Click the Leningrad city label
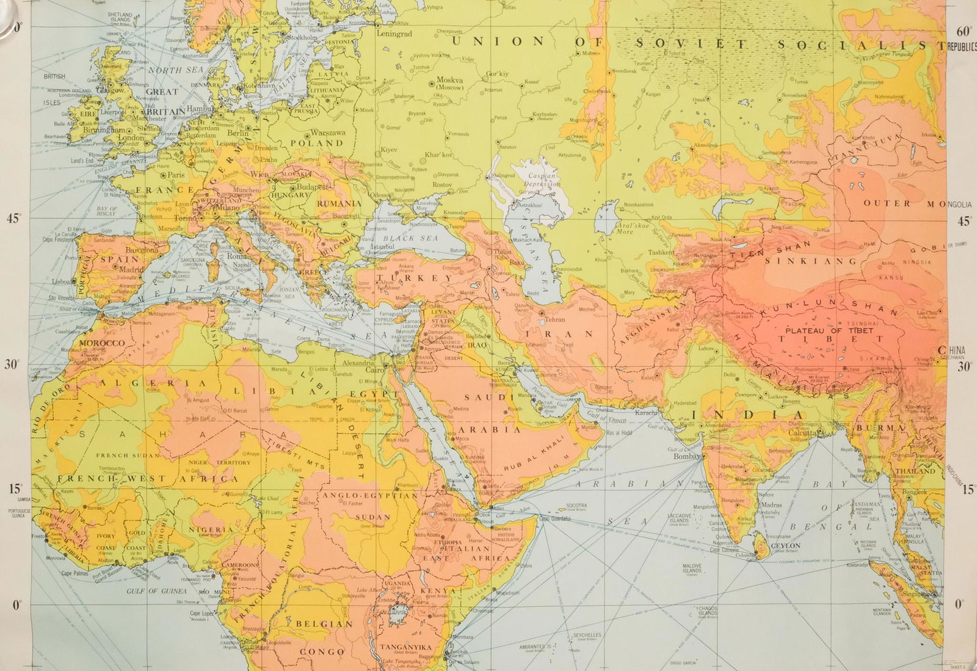coord(394,34)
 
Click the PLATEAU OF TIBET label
coord(829,330)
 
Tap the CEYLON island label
coord(785,545)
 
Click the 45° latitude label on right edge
coord(963,221)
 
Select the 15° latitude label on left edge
coord(15,488)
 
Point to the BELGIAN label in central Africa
coord(324,624)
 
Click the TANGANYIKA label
coord(405,647)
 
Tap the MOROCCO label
coord(102,343)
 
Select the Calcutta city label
coord(802,433)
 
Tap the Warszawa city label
coord(328,132)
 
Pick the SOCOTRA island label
coord(576,506)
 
